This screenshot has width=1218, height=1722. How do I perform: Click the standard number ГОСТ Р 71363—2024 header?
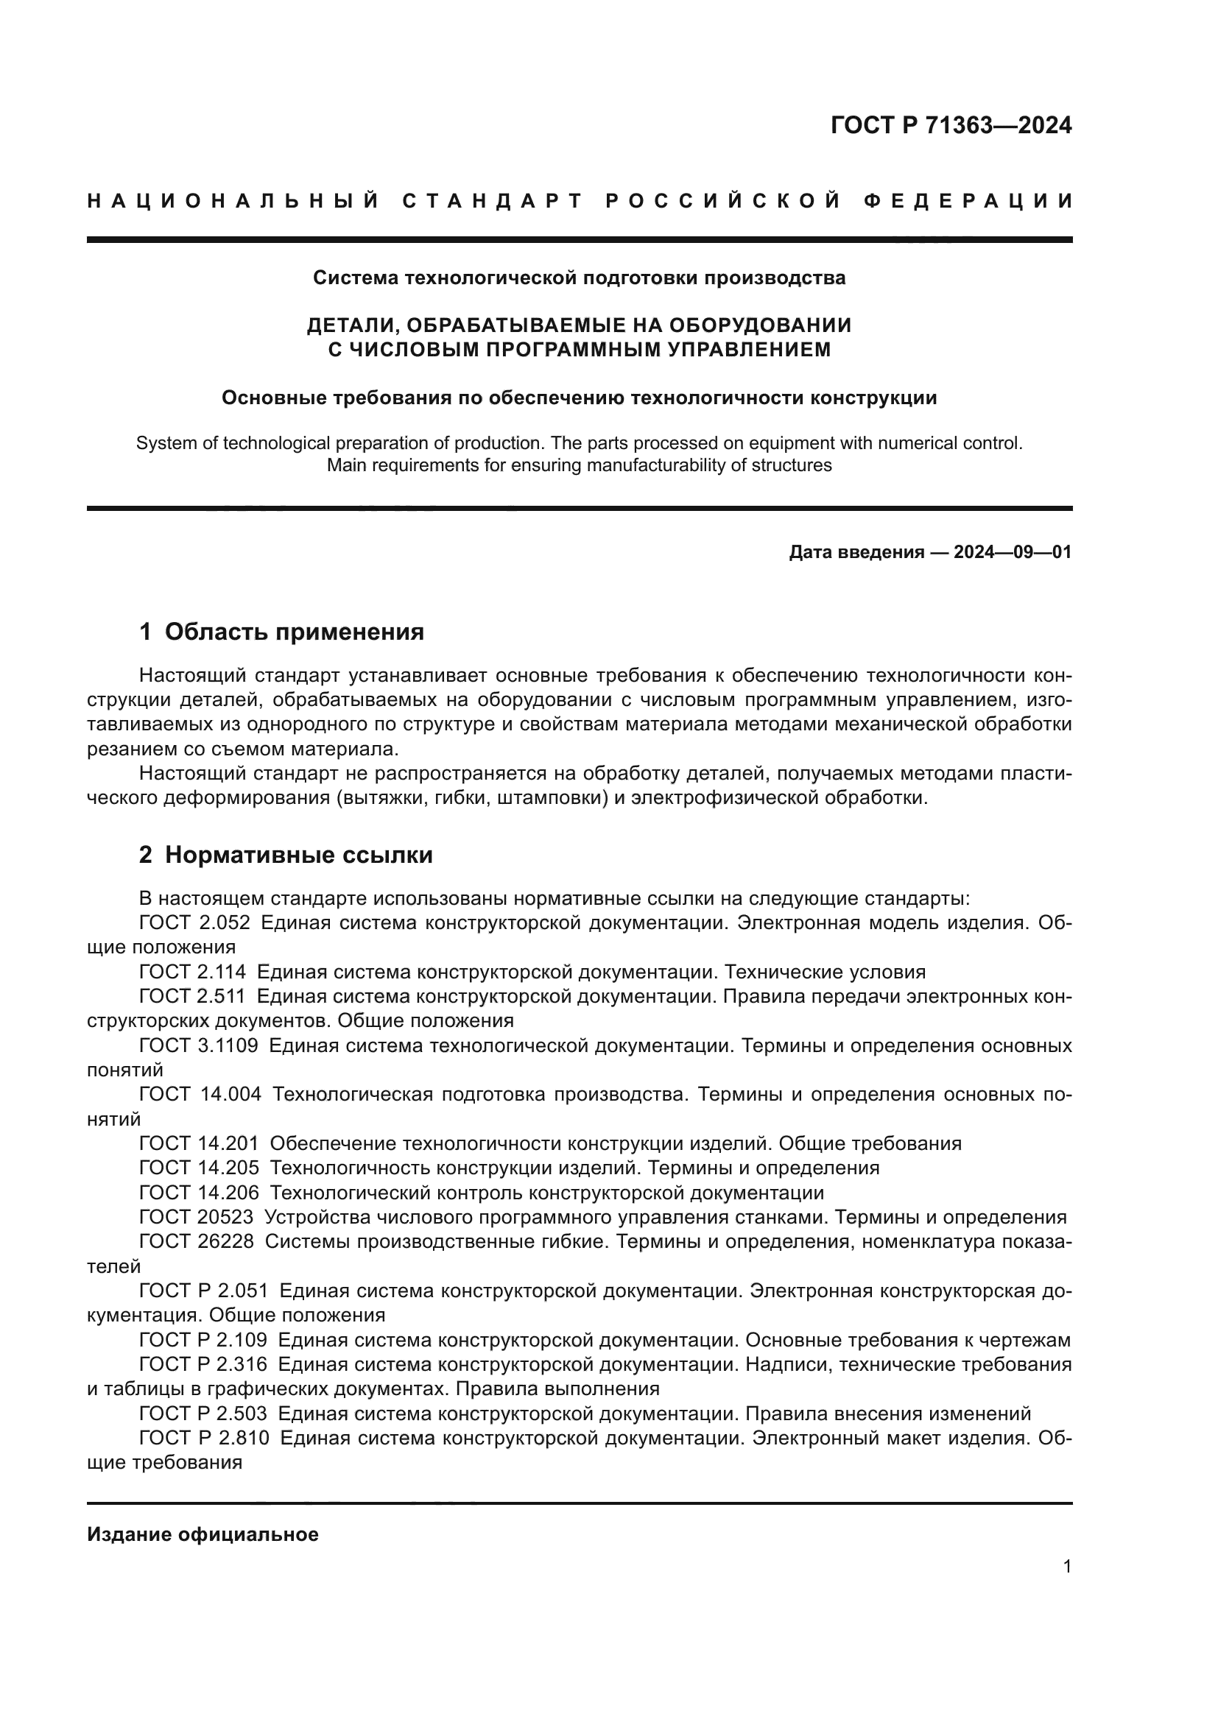951,125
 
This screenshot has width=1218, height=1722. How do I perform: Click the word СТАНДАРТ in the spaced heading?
492,201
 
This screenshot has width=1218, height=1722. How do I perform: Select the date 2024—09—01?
1013,553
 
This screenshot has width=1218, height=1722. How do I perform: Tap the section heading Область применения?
294,632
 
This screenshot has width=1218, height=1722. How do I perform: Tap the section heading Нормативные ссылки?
298,855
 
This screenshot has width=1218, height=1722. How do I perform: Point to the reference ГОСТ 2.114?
193,972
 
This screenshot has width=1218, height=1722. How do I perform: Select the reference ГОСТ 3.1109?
199,1045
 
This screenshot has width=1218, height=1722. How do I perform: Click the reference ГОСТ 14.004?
200,1094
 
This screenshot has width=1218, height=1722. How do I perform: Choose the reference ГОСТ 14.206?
199,1193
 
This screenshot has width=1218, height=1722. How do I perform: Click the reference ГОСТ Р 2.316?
203,1364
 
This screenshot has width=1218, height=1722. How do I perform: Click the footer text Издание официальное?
203,1534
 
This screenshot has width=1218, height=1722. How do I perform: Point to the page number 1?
1066,1567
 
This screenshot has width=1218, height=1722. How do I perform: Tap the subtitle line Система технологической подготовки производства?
579,278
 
